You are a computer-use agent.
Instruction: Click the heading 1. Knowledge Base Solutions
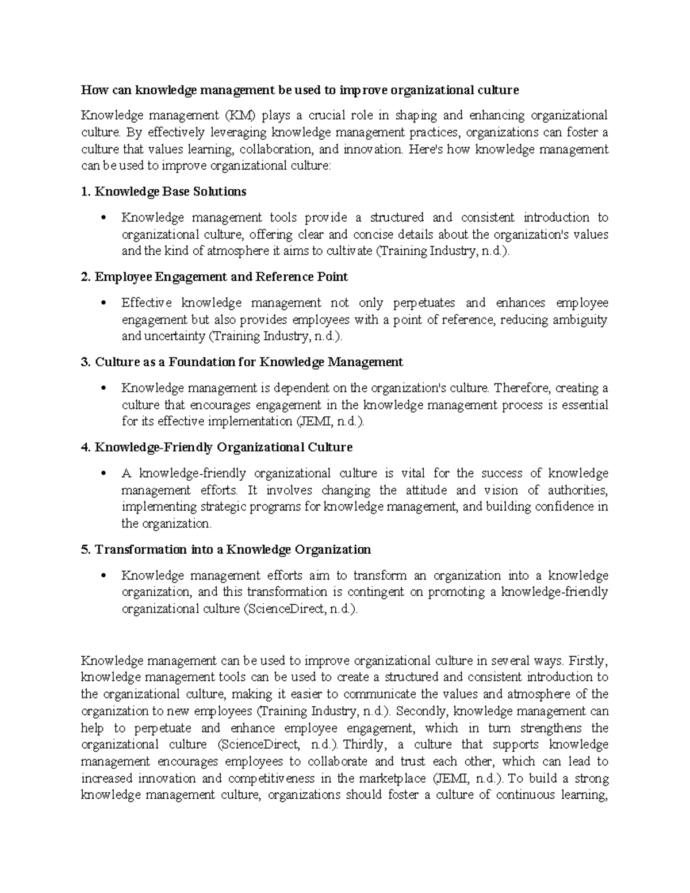pyautogui.click(x=164, y=191)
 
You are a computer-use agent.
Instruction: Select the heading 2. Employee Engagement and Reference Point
pyautogui.click(x=214, y=277)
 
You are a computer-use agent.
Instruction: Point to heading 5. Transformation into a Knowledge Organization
pyautogui.click(x=226, y=549)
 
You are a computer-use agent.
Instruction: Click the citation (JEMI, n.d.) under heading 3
pyautogui.click(x=329, y=421)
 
